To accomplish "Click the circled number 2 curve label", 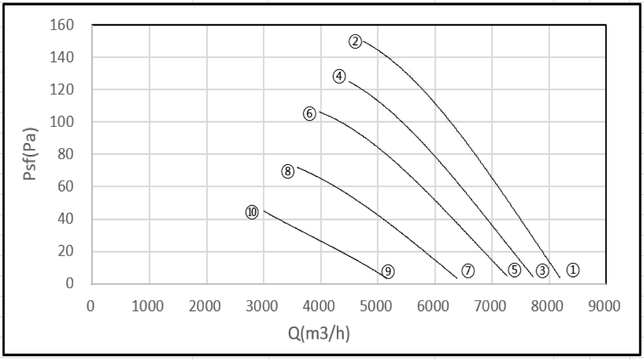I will [x=355, y=42].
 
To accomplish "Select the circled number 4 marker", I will [x=338, y=77].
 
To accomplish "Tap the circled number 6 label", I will [x=309, y=114].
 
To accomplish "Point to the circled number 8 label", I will [x=287, y=172].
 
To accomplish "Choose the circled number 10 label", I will [x=252, y=212].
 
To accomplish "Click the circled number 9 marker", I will [x=388, y=271].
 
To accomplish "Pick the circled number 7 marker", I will [x=467, y=271].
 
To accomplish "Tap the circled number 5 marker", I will [x=514, y=270].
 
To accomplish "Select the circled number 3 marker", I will [x=542, y=270].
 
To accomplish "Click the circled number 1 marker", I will [x=573, y=269].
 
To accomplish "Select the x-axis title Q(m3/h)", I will [x=319, y=335].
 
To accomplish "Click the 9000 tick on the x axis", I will [x=605, y=306].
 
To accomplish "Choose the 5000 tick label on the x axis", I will [x=376, y=306].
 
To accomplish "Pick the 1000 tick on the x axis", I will [x=148, y=306].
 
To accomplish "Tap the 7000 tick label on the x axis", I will [x=491, y=306].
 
